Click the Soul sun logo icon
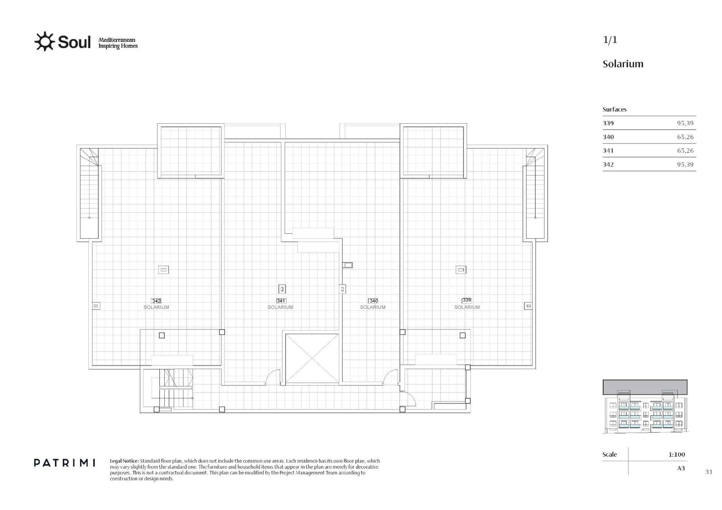pos(44,42)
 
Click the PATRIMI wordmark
pos(65,463)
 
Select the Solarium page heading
pos(623,64)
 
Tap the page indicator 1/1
pos(610,40)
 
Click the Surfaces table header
pos(614,109)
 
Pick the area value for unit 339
pos(685,123)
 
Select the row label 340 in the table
pos(608,137)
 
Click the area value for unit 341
pos(685,151)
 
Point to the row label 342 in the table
pos(608,164)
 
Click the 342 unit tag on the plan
pos(156,301)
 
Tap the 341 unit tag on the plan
pos(281,301)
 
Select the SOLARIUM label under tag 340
pos(373,307)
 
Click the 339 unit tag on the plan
pos(467,300)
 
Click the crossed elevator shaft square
pos(312,359)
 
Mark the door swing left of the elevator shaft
pos(273,378)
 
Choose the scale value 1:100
pos(676,454)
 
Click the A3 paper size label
pos(681,468)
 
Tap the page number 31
pos(708,472)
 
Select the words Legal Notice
pos(124,461)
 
